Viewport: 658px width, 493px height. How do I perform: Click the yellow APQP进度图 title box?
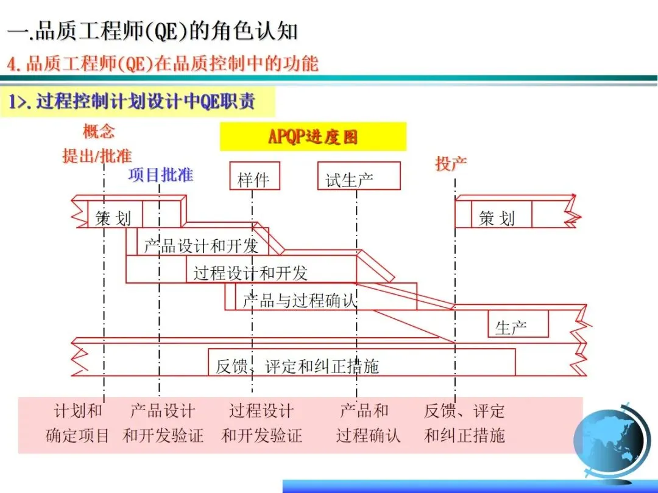pyautogui.click(x=313, y=136)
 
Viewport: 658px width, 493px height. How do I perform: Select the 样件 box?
pyautogui.click(x=254, y=177)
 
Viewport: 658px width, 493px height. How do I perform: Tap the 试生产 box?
pyautogui.click(x=358, y=177)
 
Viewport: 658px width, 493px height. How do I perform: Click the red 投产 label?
pyautogui.click(x=451, y=163)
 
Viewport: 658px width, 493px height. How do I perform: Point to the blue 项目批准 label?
pyautogui.click(x=160, y=175)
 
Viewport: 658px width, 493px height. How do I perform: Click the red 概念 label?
pyautogui.click(x=99, y=131)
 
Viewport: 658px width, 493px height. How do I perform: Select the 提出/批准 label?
pyautogui.click(x=97, y=155)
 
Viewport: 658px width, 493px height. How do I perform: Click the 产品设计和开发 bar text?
pyautogui.click(x=201, y=246)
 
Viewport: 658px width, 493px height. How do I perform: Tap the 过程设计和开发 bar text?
pyautogui.click(x=250, y=273)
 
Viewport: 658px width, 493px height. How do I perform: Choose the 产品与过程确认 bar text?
pyautogui.click(x=299, y=300)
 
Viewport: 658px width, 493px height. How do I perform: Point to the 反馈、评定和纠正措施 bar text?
pyautogui.click(x=297, y=366)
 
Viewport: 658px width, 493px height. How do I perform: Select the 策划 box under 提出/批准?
pyautogui.click(x=113, y=217)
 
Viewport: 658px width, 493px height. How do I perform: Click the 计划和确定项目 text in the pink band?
pyautogui.click(x=78, y=423)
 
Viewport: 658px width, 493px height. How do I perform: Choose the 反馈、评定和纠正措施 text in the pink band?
pyautogui.click(x=464, y=423)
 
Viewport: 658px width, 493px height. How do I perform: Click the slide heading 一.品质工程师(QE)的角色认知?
pyautogui.click(x=153, y=32)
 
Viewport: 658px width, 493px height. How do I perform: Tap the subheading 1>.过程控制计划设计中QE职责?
pyautogui.click(x=132, y=102)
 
